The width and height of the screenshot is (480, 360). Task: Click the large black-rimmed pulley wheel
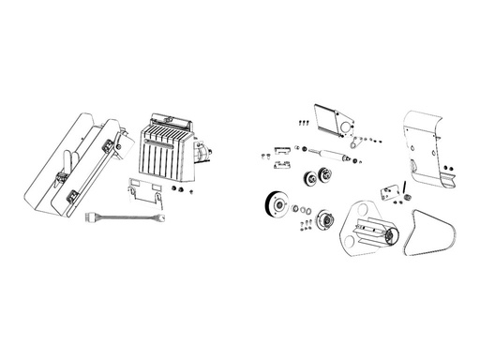(276, 205)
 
